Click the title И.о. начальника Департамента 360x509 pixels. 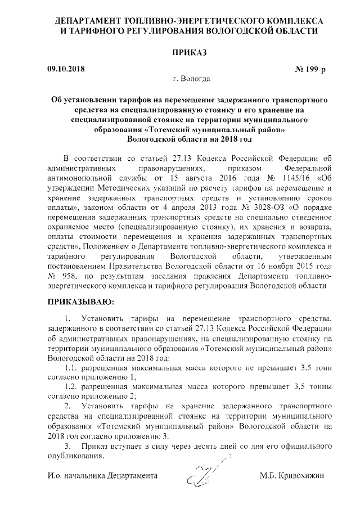click(x=102, y=476)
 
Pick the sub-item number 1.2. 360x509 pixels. click(x=72, y=388)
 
